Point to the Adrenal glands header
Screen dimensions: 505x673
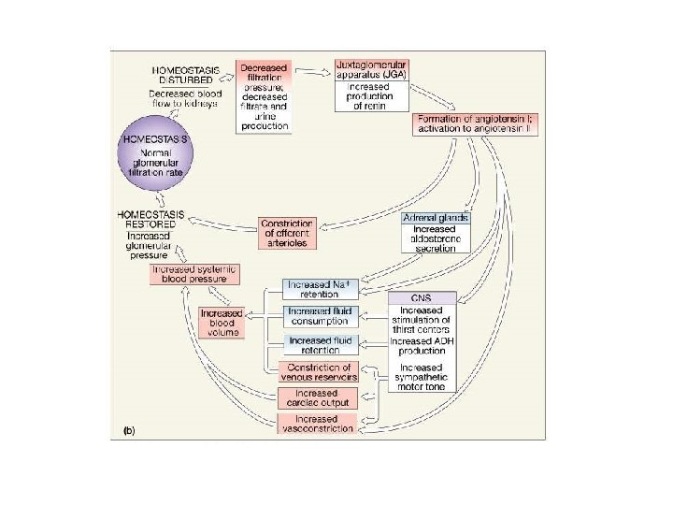click(x=436, y=217)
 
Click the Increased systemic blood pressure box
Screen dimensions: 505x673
click(x=196, y=274)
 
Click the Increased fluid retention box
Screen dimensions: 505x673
click(x=320, y=346)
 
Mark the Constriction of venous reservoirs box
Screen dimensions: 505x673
click(x=320, y=371)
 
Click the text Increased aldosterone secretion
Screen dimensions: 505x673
click(x=436, y=242)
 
